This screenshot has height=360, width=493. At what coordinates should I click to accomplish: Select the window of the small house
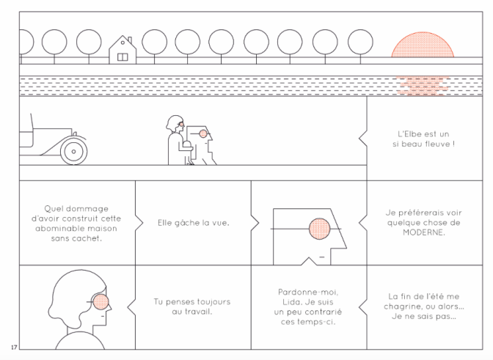[123, 54]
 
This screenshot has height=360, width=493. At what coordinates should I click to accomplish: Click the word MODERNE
[411, 235]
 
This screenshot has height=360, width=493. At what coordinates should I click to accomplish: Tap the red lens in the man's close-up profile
[319, 229]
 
